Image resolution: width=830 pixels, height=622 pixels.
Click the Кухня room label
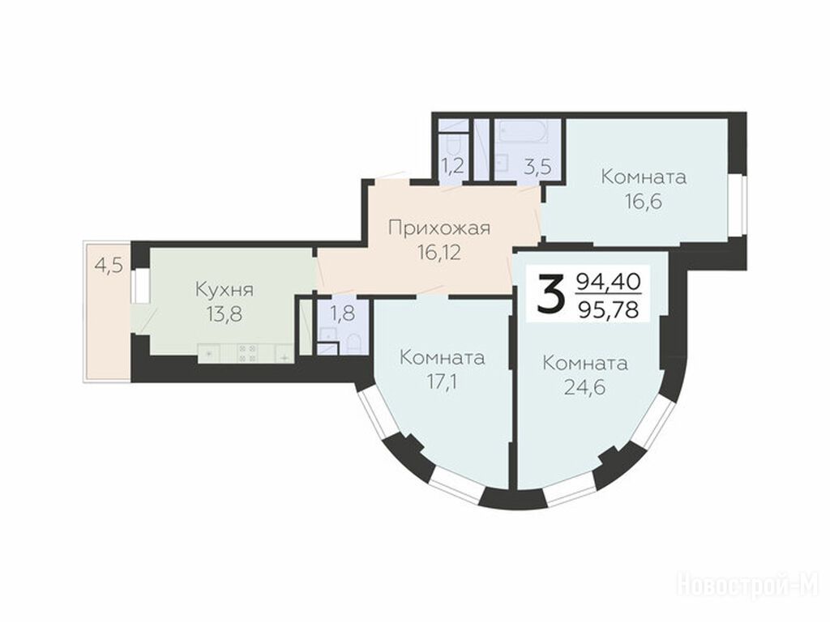pyautogui.click(x=225, y=290)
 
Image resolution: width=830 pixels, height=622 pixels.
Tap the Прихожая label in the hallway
pyautogui.click(x=439, y=228)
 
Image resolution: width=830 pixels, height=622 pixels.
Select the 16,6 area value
pyautogui.click(x=643, y=202)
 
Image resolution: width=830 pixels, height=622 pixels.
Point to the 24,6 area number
pyautogui.click(x=585, y=388)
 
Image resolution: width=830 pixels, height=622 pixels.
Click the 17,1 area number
pyautogui.click(x=442, y=381)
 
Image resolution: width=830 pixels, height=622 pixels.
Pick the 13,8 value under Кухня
pyautogui.click(x=225, y=315)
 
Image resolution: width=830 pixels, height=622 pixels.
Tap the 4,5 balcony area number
pyautogui.click(x=109, y=265)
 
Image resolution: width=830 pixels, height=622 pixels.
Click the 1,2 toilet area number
pyautogui.click(x=453, y=166)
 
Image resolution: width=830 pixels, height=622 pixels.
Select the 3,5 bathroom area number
pyautogui.click(x=538, y=166)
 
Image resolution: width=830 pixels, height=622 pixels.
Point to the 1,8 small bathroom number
pyautogui.click(x=343, y=315)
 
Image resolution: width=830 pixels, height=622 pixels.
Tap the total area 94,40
pyautogui.click(x=608, y=281)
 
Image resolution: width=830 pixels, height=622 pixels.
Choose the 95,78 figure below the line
pyautogui.click(x=608, y=309)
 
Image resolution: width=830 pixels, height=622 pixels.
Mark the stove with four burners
pyautogui.click(x=247, y=353)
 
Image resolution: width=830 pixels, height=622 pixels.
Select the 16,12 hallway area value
pyautogui.click(x=439, y=253)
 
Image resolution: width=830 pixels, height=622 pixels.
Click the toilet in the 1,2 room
pyautogui.click(x=454, y=145)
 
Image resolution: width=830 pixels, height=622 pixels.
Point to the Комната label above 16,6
pyautogui.click(x=644, y=177)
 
